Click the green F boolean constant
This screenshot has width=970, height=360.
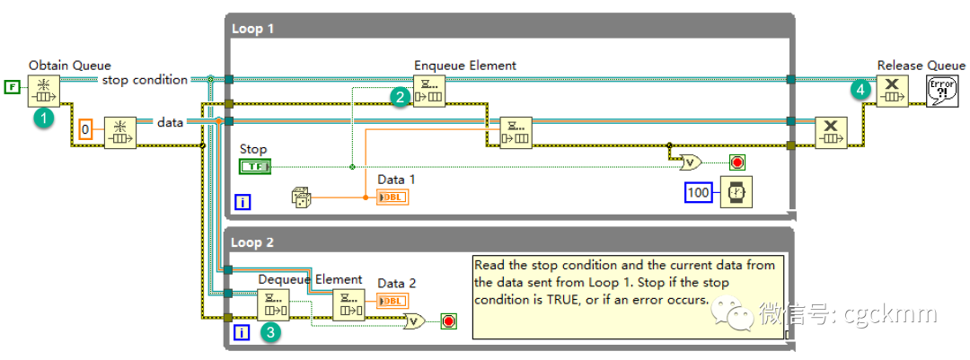[12, 86]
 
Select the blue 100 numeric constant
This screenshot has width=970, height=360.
[698, 192]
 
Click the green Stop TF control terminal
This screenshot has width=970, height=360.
[254, 166]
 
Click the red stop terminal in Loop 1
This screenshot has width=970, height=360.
[738, 162]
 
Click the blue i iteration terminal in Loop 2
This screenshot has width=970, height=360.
[242, 332]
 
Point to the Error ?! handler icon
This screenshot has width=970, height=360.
[942, 90]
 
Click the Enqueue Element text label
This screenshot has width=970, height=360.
[465, 66]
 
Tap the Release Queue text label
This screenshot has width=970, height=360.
[921, 65]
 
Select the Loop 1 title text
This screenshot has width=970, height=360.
[252, 29]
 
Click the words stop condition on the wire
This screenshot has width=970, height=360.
[145, 80]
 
